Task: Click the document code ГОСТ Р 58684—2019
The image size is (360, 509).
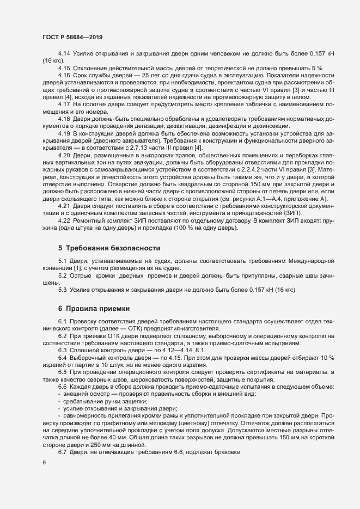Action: pyautogui.click(x=72, y=37)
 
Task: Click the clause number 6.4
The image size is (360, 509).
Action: pyautogui.click(x=63, y=358)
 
